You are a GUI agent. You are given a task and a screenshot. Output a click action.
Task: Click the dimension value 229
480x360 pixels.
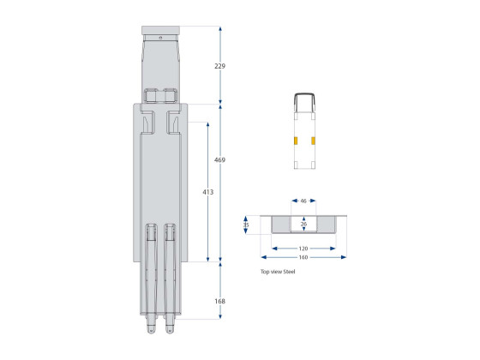click(221, 66)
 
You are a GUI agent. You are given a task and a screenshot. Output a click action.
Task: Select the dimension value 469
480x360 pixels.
click(221, 160)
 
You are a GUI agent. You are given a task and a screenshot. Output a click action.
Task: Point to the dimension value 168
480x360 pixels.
click(221, 301)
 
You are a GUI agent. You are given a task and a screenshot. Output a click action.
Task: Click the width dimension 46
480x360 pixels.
click(303, 201)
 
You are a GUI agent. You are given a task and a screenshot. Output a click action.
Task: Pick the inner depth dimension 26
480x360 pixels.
click(303, 225)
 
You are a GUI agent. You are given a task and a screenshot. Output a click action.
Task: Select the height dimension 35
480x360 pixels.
click(247, 225)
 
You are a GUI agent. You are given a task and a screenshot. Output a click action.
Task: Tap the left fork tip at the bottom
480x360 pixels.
click(151, 328)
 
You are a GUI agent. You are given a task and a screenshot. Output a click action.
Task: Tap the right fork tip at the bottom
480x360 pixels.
click(171, 328)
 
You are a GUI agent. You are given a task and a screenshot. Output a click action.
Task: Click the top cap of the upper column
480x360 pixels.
click(160, 32)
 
